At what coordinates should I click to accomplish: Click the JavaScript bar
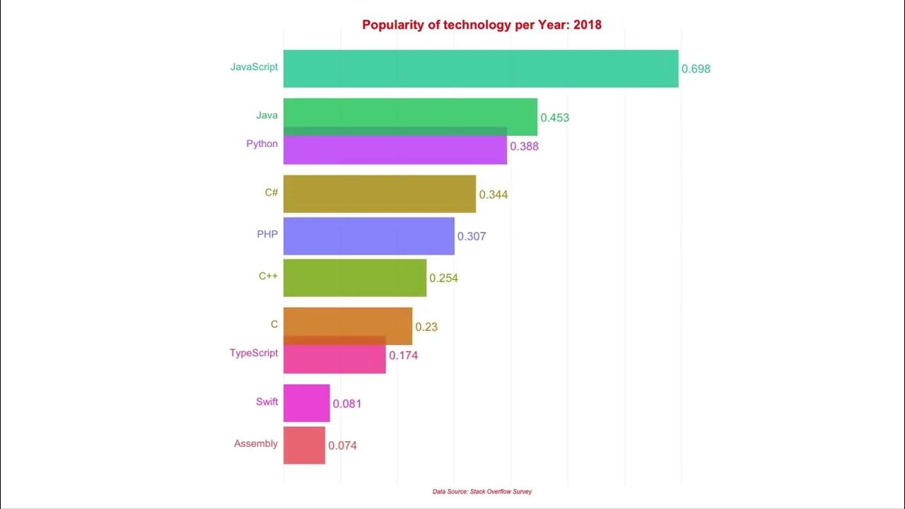pyautogui.click(x=481, y=69)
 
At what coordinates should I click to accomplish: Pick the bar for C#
pyautogui.click(x=380, y=194)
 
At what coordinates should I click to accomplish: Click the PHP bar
pyautogui.click(x=368, y=235)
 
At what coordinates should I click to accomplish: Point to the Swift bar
pyautogui.click(x=306, y=403)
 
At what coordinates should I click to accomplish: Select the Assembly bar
pyautogui.click(x=304, y=445)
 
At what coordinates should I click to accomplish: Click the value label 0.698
pyautogui.click(x=696, y=69)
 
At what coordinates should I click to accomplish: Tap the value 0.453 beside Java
pyautogui.click(x=555, y=118)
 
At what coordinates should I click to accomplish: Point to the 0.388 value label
pyautogui.click(x=525, y=147)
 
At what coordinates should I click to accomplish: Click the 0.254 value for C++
pyautogui.click(x=444, y=279)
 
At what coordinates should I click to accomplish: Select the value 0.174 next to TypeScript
pyautogui.click(x=404, y=356)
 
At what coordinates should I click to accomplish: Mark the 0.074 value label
pyautogui.click(x=342, y=446)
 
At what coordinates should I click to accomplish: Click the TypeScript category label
pyautogui.click(x=254, y=353)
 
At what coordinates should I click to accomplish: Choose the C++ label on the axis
pyautogui.click(x=268, y=276)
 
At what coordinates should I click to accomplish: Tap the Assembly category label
pyautogui.click(x=256, y=444)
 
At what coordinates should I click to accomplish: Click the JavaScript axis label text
pyautogui.click(x=254, y=67)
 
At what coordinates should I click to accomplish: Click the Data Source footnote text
pyautogui.click(x=482, y=491)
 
